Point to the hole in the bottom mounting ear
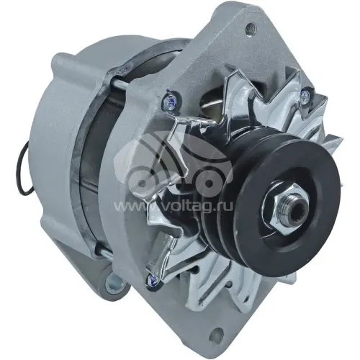click(214, 334)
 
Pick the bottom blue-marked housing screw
click(153, 279)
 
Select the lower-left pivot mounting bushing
click(113, 282)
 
